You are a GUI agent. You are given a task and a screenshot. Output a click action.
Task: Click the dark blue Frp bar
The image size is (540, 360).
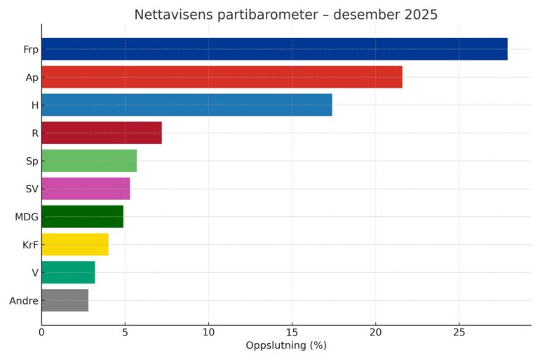point(274,49)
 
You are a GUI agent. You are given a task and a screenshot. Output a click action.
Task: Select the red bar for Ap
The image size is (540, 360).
point(222,77)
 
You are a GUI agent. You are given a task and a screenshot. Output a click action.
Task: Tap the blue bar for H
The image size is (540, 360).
point(187,105)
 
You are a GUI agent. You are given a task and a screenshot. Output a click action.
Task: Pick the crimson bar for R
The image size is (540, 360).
point(102,133)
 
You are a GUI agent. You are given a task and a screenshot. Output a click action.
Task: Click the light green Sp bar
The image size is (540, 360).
point(89,161)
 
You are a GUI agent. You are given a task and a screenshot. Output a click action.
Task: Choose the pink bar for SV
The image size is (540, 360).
point(86,189)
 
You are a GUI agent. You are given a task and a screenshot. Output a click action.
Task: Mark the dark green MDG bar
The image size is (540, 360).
point(82,217)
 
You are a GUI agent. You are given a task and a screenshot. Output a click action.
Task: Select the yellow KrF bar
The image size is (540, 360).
point(75,245)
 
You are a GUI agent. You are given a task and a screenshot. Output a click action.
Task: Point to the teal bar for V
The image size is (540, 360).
point(68,272)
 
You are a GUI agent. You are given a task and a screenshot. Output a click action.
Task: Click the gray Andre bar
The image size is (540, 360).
point(65,300)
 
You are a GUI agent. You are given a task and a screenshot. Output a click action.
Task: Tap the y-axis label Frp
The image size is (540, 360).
point(31,49)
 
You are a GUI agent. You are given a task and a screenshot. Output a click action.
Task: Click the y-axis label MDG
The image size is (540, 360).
point(27,217)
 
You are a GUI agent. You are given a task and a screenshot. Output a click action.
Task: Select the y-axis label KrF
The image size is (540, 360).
point(29,245)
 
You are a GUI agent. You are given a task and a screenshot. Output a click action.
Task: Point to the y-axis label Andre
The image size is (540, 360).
point(24,301)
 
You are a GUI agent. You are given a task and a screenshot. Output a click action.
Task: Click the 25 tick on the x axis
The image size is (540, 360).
point(459,333)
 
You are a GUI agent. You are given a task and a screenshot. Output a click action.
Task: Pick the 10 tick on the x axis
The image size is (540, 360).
point(208,333)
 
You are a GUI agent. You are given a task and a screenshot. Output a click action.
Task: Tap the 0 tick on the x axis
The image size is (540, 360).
point(41,333)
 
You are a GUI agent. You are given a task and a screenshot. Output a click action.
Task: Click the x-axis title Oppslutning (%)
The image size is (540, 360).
point(286,346)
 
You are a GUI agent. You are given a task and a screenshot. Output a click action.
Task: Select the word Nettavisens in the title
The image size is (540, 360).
point(176,15)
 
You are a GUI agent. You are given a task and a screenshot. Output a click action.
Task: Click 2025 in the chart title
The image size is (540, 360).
point(419,15)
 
